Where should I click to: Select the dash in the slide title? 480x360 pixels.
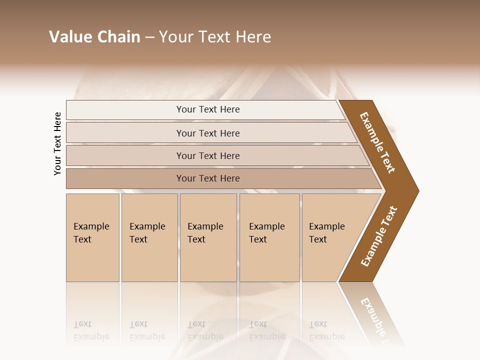click(149, 37)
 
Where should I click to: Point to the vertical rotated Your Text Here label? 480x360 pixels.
click(57, 143)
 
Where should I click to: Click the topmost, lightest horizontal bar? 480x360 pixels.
click(207, 109)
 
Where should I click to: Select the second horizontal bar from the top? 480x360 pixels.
click(207, 133)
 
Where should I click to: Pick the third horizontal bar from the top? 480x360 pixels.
click(207, 155)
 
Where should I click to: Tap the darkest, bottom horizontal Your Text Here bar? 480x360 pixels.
click(207, 178)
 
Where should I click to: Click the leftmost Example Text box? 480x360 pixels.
click(92, 237)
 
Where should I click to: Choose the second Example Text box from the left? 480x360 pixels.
click(149, 237)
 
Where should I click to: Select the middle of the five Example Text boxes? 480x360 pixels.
click(208, 237)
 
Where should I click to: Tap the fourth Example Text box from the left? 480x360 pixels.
click(269, 237)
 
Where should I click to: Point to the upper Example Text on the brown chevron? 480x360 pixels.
click(377, 142)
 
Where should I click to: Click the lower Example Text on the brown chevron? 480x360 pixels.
click(378, 236)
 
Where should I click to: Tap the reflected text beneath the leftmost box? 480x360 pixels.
click(91, 330)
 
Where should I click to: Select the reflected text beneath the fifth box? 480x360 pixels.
click(326, 330)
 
